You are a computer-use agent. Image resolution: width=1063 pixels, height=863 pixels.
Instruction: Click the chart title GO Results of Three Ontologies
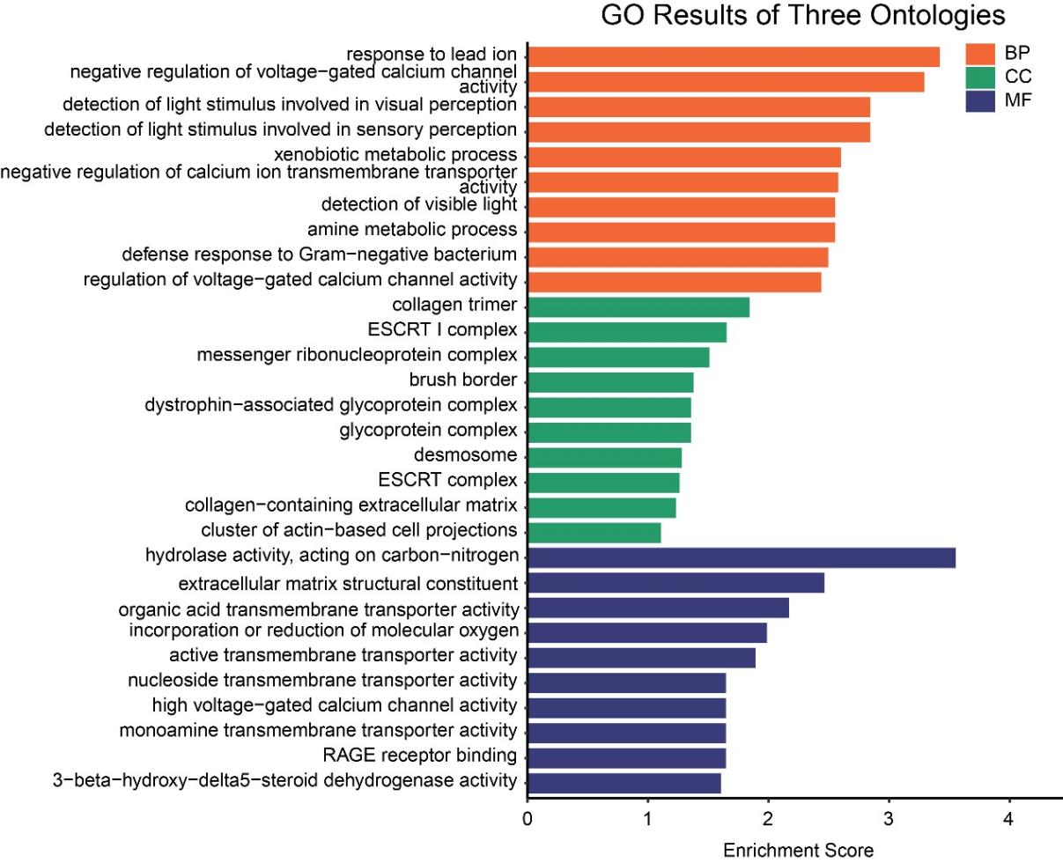tap(802, 16)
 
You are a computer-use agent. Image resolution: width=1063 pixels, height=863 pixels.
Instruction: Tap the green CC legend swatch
tap(978, 77)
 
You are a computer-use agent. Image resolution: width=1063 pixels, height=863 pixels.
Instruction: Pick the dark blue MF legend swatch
tap(978, 100)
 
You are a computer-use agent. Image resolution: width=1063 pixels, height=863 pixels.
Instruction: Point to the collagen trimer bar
tap(639, 306)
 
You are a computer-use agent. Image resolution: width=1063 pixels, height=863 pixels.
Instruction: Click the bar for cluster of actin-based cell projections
tap(594, 532)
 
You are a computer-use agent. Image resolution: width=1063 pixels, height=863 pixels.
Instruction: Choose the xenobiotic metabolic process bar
tap(684, 157)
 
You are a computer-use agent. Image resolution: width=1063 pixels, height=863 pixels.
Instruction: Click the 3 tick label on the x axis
tap(889, 819)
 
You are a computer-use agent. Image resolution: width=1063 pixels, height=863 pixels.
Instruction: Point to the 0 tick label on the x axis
tap(528, 819)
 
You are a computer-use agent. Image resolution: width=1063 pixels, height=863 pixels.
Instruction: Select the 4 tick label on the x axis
tap(1009, 819)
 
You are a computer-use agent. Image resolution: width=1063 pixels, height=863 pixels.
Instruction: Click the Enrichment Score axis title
tap(798, 851)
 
